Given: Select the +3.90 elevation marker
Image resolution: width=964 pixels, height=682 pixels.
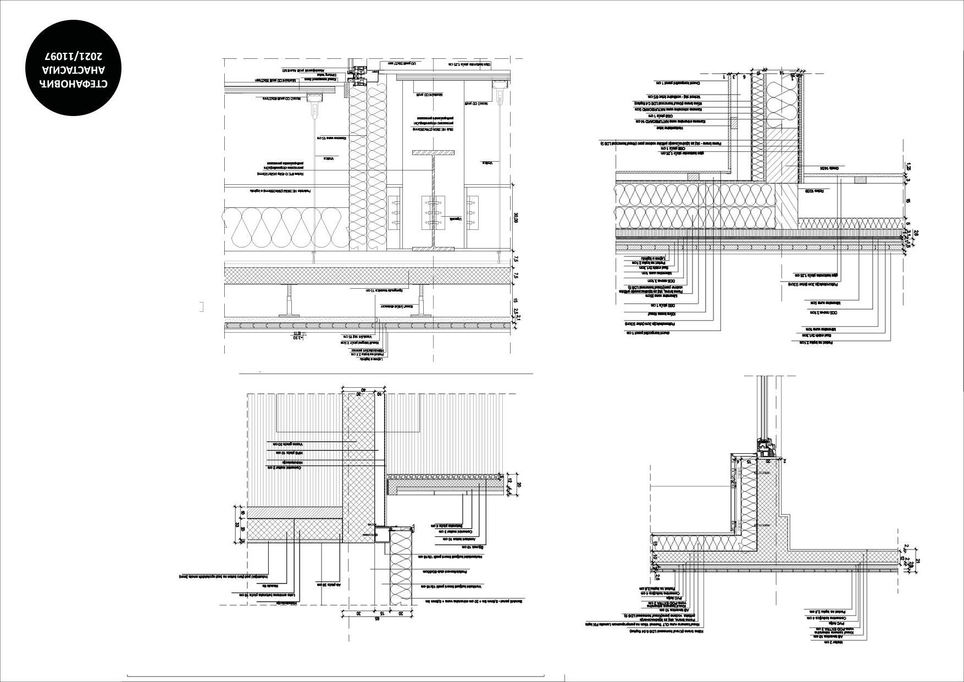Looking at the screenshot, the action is [297, 338].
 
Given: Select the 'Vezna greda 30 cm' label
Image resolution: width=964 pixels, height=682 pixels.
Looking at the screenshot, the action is [286, 443].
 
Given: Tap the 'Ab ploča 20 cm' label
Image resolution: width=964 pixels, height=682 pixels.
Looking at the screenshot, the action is [330, 585].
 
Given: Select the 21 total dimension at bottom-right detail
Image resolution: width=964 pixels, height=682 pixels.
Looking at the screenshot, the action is [917, 561].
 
